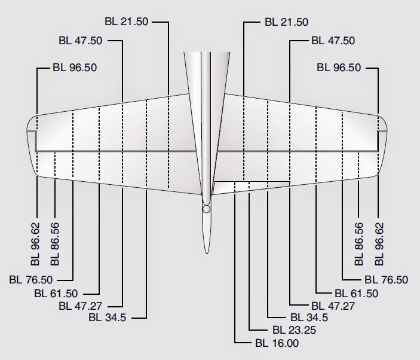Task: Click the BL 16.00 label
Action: [x=276, y=343]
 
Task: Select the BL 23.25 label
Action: [x=294, y=330]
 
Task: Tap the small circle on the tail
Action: [x=206, y=209]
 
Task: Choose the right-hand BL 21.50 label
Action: [x=286, y=22]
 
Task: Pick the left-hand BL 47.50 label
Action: [x=81, y=41]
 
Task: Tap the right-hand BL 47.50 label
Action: [x=333, y=41]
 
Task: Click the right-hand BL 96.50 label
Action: [x=339, y=68]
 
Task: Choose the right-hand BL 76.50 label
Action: [x=386, y=279]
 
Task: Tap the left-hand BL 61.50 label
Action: [x=56, y=293]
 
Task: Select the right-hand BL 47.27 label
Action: [x=332, y=306]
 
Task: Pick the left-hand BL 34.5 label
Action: [x=108, y=317]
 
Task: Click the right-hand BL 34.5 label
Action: [x=309, y=318]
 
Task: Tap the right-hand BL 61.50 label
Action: [x=356, y=293]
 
